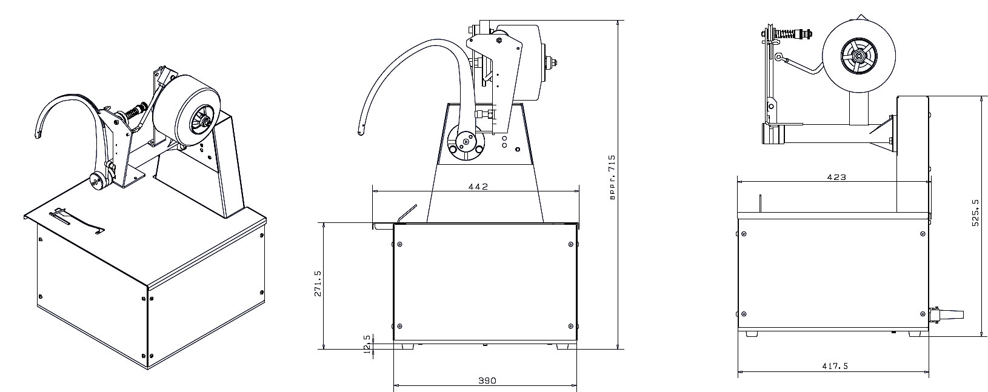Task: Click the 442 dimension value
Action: (x=478, y=187)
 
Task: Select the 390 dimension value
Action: (x=487, y=380)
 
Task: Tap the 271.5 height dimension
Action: (x=318, y=283)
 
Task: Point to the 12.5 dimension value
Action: (x=367, y=346)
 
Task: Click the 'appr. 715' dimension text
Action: (x=612, y=178)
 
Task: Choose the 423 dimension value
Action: (x=836, y=178)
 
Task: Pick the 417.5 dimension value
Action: (x=835, y=366)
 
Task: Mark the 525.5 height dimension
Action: (x=976, y=213)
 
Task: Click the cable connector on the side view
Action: (x=947, y=315)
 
